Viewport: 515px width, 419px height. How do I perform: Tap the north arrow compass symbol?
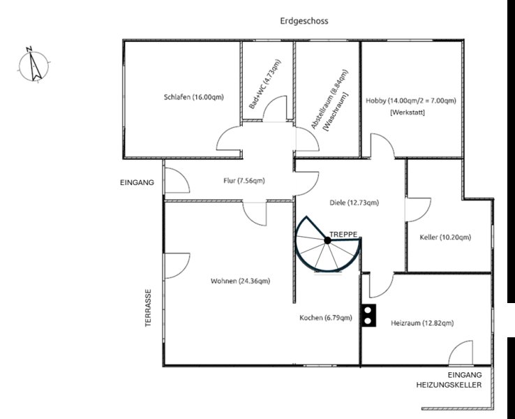click(32, 64)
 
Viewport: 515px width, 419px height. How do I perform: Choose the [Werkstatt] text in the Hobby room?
click(408, 112)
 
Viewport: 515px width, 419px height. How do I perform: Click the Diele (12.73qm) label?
click(354, 203)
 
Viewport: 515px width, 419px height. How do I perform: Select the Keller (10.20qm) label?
click(445, 237)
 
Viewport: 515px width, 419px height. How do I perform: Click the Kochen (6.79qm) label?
click(326, 318)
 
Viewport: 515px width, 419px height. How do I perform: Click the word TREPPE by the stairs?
click(343, 235)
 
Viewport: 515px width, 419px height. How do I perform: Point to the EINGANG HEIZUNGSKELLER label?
click(449, 380)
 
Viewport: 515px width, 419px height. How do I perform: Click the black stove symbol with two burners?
click(368, 316)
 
